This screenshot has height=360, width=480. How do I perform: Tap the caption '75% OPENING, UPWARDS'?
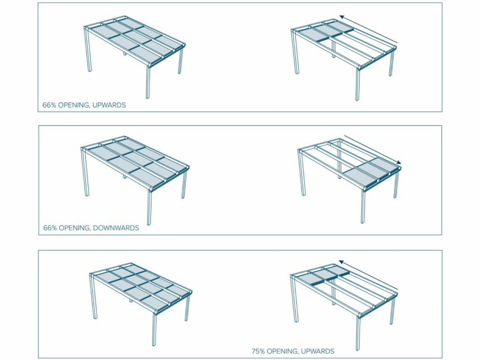tap(292, 351)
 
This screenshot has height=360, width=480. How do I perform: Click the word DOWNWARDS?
tap(116, 228)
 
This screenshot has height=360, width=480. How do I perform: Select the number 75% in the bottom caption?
tap(258, 351)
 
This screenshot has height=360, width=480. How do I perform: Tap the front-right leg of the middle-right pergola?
tap(363, 206)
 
